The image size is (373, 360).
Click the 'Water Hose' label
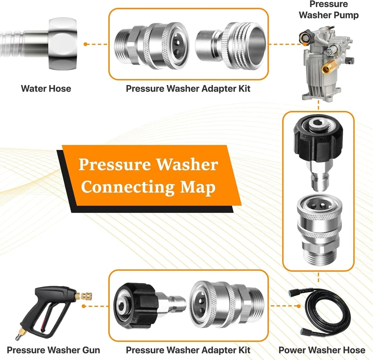46,88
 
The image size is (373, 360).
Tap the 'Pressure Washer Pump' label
329,10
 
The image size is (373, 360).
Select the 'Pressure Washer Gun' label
53,350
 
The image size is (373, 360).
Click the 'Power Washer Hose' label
322,350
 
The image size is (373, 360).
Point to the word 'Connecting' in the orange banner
128,187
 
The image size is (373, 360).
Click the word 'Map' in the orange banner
197,187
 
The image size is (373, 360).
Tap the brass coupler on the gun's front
83,296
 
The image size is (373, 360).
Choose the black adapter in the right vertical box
318,152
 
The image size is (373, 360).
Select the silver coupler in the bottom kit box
226,305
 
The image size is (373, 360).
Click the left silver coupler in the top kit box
151,46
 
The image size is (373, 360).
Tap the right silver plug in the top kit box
230,46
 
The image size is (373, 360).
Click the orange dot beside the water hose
85,44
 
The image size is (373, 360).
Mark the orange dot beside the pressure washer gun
84,306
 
